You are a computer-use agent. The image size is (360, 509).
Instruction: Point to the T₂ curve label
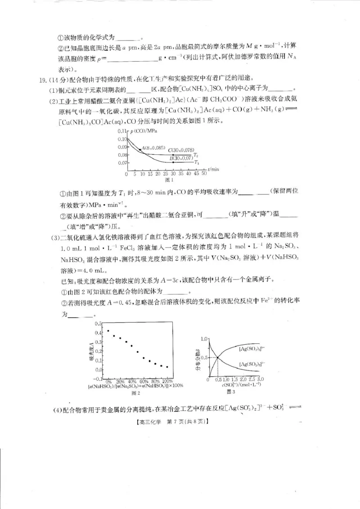click(196, 154)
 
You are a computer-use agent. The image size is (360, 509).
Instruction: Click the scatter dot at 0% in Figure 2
click(108, 331)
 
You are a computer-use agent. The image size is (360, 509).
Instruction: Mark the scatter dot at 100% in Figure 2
click(167, 367)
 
